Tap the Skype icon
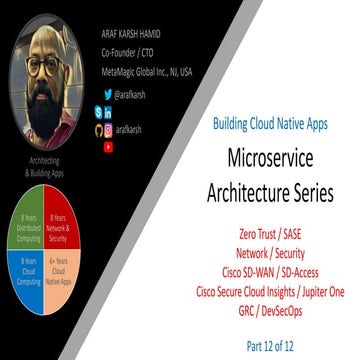click(x=97, y=113)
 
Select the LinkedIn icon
click(x=108, y=113)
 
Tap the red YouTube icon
click(x=108, y=146)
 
